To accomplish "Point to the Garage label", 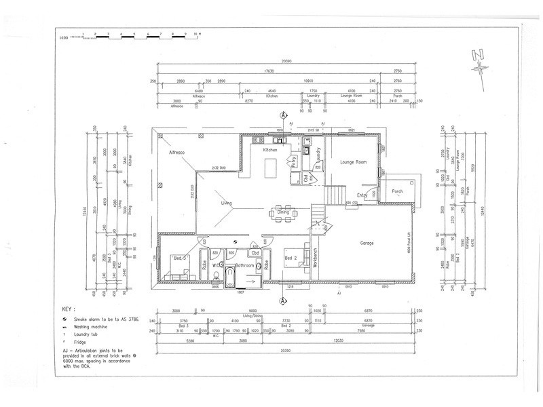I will [367, 242].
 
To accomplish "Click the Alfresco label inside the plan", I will [178, 154].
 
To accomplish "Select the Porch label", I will [398, 191].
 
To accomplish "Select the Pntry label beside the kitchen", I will [295, 161].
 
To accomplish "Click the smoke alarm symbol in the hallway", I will [233, 240].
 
